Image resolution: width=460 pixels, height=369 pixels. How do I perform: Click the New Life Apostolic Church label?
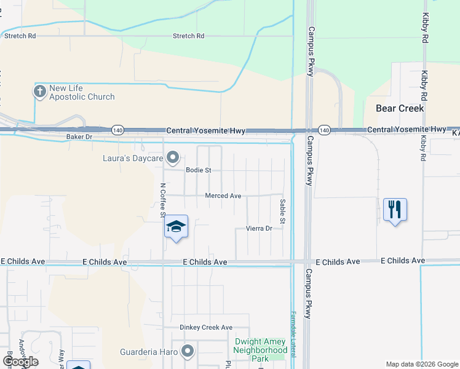(82, 92)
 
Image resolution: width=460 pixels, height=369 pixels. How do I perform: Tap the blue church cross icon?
(39, 92)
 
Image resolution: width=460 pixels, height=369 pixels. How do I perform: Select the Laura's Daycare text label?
(132, 158)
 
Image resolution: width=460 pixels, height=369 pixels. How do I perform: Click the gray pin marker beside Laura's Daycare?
(173, 157)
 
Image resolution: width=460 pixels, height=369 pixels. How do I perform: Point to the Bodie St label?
(199, 170)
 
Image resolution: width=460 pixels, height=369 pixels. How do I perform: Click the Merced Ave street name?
(223, 196)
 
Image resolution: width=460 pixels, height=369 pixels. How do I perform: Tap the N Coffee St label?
(163, 200)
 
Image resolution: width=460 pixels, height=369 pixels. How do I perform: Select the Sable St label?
(283, 211)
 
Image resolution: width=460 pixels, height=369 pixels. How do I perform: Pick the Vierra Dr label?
(259, 228)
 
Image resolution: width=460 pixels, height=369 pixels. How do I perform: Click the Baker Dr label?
(79, 137)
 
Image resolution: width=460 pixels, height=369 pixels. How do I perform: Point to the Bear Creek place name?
(400, 108)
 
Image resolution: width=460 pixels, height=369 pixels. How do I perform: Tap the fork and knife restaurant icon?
(394, 210)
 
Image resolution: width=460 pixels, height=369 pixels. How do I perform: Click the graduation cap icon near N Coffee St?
(176, 228)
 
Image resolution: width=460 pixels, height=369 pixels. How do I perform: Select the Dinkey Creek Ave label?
(206, 328)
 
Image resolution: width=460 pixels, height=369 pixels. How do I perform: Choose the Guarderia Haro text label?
(148, 352)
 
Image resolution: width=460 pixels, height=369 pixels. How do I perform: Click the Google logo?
(20, 362)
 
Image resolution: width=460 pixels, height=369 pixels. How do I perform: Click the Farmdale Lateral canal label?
(293, 332)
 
